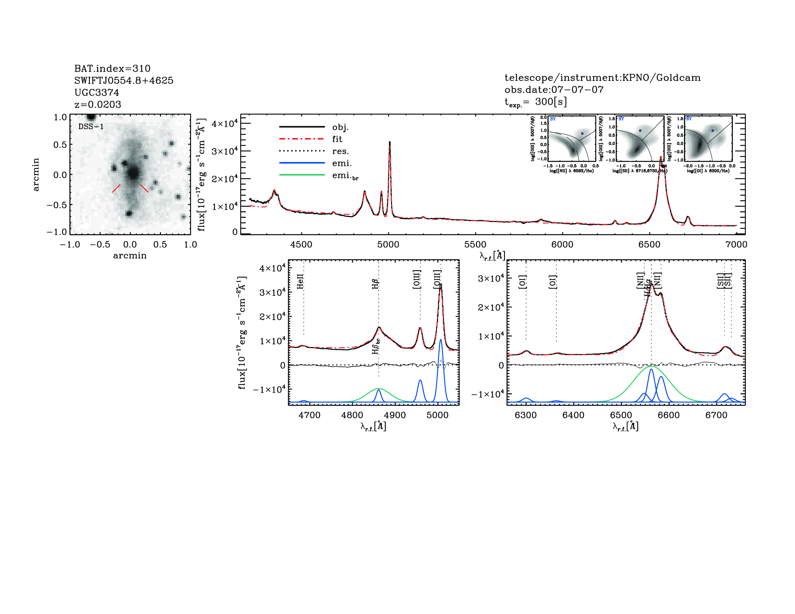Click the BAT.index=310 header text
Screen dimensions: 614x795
[112, 68]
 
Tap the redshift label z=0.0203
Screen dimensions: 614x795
[98, 105]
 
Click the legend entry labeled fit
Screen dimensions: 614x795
[337, 139]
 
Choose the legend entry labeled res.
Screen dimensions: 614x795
[340, 151]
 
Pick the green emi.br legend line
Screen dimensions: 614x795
[302, 175]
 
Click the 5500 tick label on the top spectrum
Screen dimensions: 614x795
[475, 244]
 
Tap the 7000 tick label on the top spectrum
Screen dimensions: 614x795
[736, 244]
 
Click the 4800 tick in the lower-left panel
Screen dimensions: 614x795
[352, 415]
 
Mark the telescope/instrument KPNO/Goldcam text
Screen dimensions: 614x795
[603, 78]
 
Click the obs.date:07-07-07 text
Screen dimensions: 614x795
[554, 90]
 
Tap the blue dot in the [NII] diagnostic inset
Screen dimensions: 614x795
[582, 133]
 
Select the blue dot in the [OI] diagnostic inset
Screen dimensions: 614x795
[712, 130]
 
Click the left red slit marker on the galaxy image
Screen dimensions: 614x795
[116, 188]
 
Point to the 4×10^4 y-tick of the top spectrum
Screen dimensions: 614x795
[225, 124]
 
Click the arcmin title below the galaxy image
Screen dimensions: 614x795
[130, 256]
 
